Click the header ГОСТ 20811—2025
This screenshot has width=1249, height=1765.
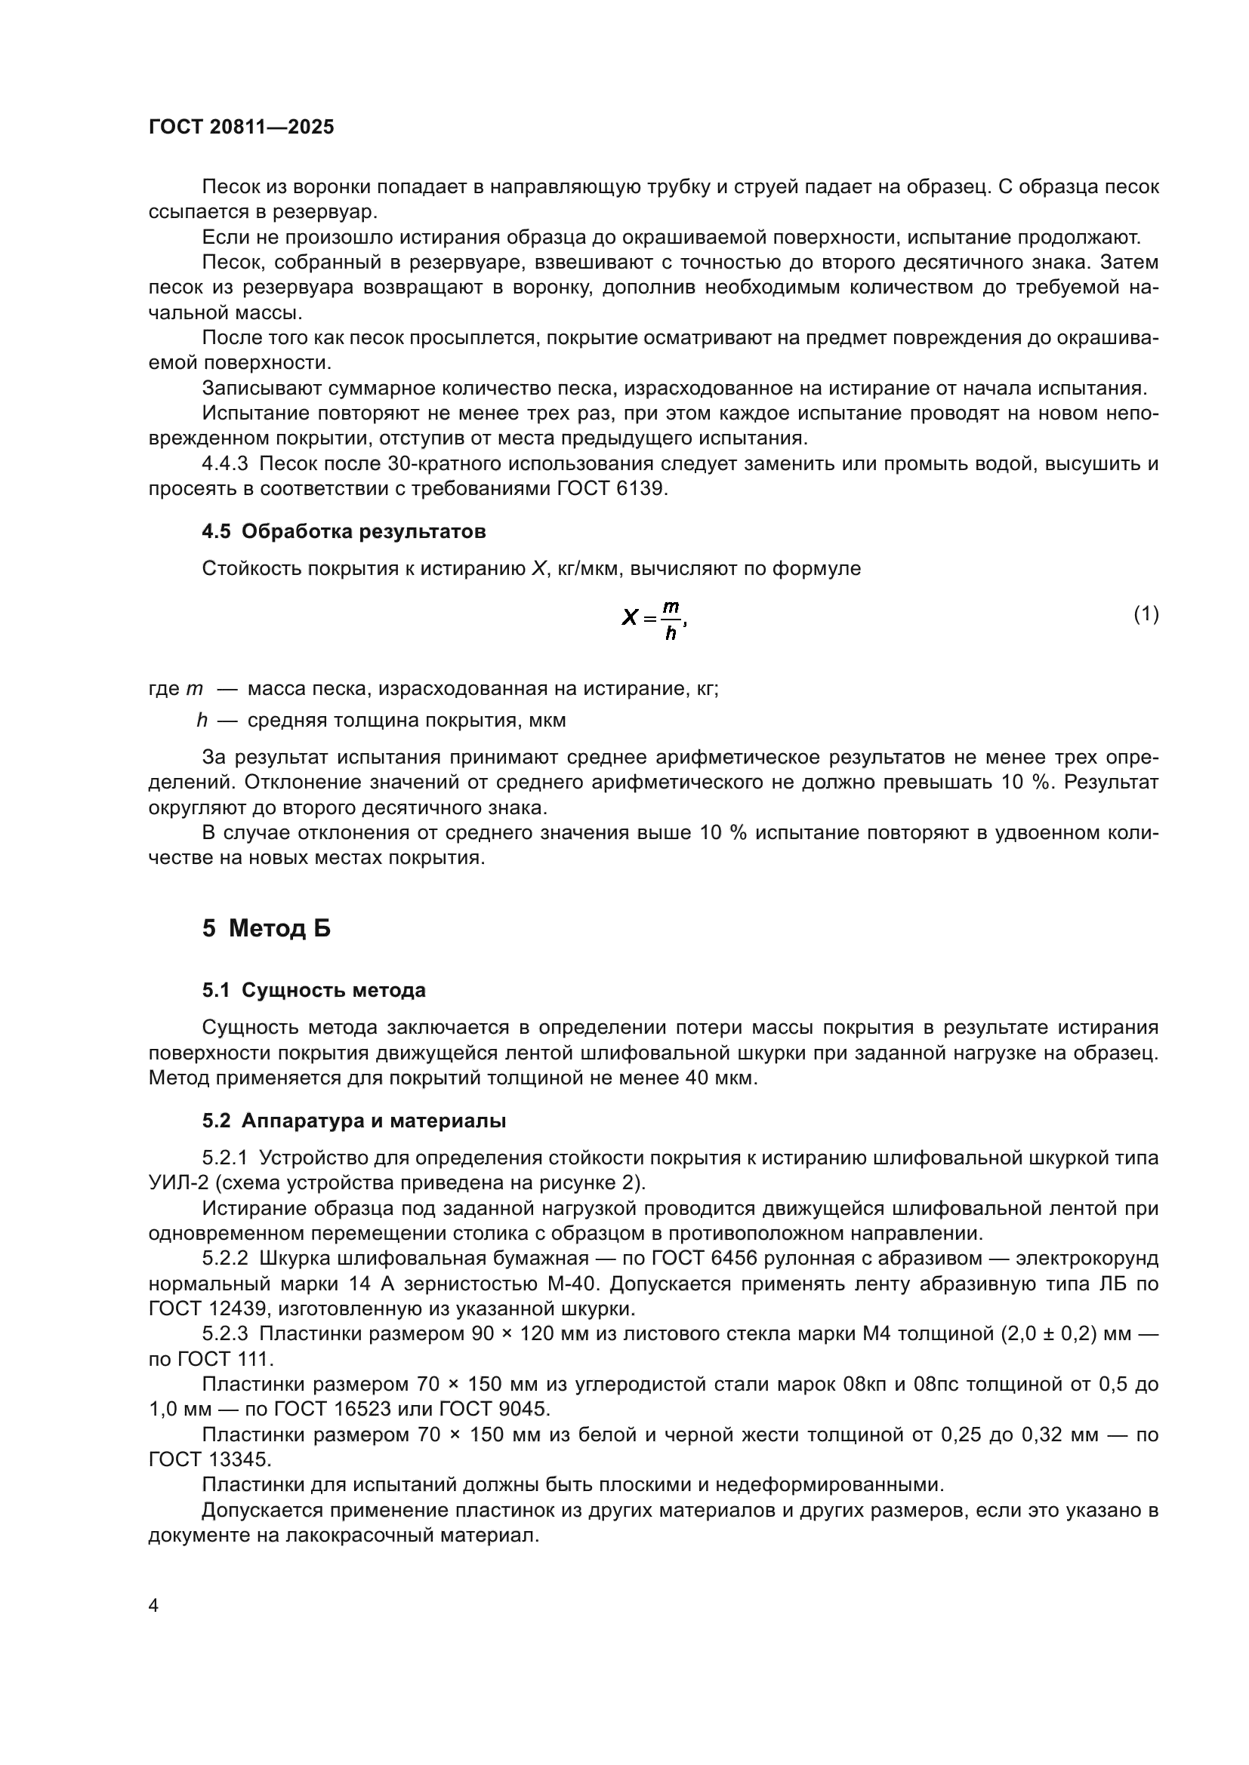pos(242,127)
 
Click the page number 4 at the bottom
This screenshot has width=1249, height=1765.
pos(154,1605)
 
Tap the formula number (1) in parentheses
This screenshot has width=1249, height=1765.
pos(1146,613)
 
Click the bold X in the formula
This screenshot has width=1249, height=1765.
pos(630,617)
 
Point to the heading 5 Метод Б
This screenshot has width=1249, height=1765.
pos(266,929)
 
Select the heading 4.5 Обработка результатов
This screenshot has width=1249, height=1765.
pos(344,531)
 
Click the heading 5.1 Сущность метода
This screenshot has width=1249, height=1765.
pos(314,990)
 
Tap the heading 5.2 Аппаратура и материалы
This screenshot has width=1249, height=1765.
pos(353,1121)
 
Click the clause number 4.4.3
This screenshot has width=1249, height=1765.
pos(225,463)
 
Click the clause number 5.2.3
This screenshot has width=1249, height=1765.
pos(225,1333)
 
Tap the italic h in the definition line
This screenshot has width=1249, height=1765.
pos(202,721)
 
